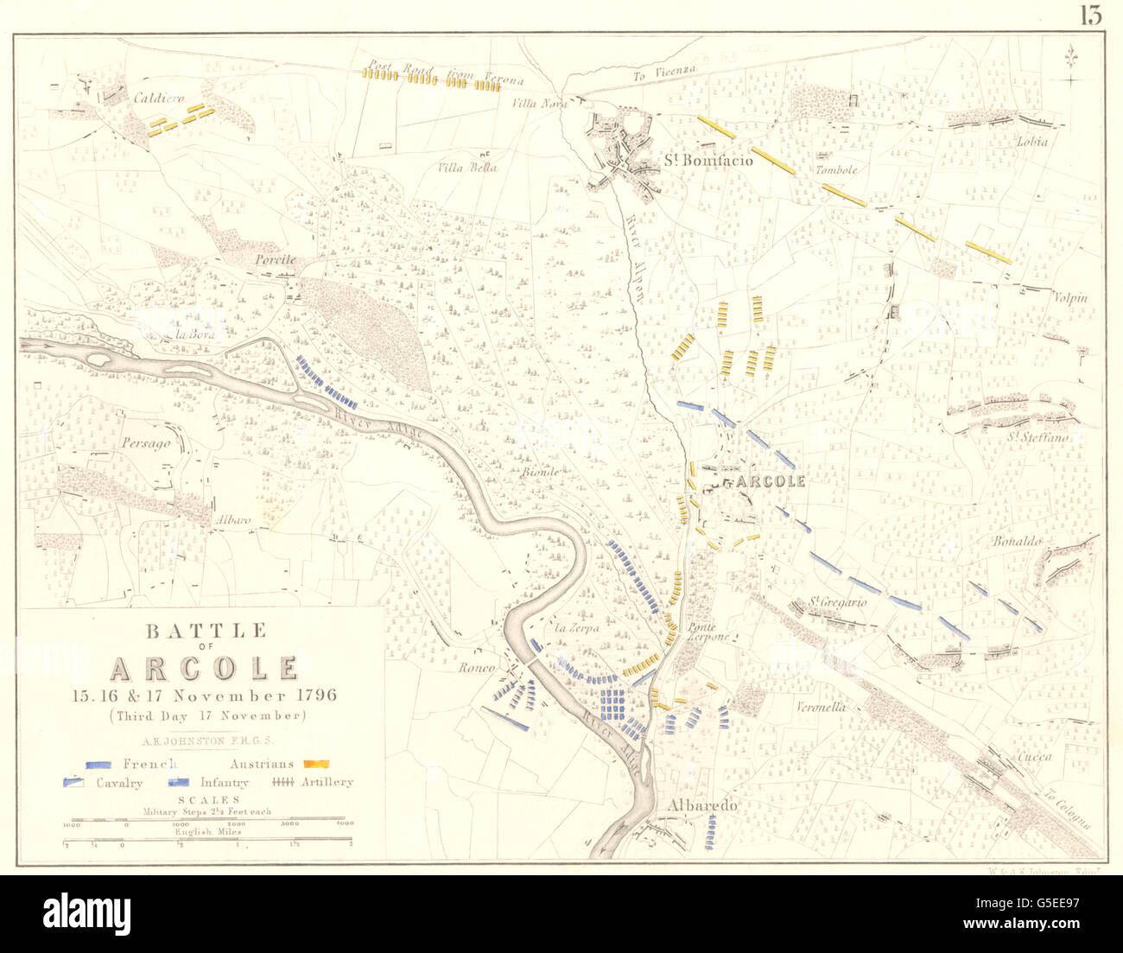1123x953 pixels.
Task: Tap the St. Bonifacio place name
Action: [x=708, y=160]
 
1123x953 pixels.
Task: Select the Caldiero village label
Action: [x=159, y=99]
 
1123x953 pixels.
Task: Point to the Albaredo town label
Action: [x=703, y=805]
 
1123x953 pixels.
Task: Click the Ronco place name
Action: [x=476, y=668]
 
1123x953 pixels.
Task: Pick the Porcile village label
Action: [x=275, y=259]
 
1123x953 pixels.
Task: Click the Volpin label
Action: [x=1069, y=298]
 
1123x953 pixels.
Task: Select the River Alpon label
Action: [x=634, y=257]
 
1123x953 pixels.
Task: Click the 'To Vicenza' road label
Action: [x=663, y=76]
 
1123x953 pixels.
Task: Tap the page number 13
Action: [x=1090, y=16]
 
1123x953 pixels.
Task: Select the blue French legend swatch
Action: [x=101, y=764]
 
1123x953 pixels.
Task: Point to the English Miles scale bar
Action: [x=207, y=837]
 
